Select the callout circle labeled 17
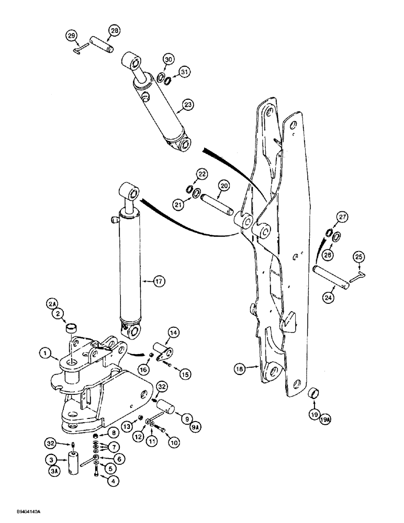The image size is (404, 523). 159,281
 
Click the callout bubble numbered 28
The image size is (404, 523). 115,31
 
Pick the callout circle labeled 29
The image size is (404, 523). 72,36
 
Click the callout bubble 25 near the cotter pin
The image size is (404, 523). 359,256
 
